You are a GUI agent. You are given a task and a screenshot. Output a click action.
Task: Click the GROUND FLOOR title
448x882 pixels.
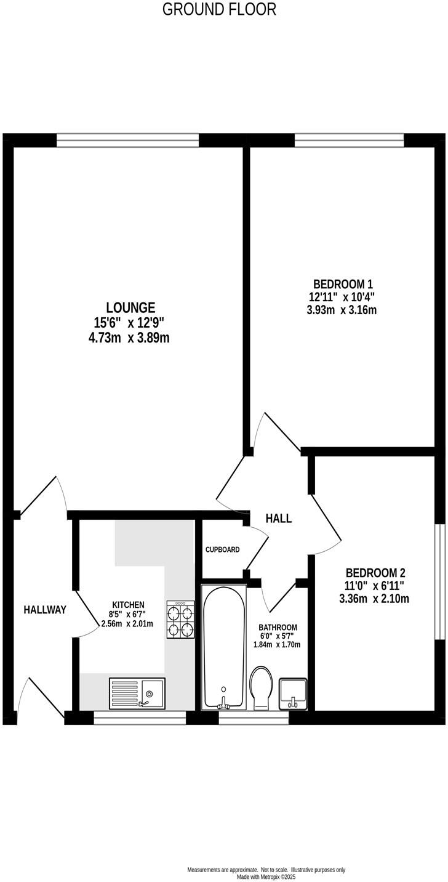pos(219,9)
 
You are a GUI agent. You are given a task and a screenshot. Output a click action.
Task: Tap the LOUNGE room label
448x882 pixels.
pos(130,307)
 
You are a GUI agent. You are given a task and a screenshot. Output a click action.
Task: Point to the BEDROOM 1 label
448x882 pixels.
pos(343,284)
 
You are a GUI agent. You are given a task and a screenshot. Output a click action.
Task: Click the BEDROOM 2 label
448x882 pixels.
pos(375,572)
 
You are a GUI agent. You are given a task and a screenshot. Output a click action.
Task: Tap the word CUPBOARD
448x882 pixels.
pos(222,549)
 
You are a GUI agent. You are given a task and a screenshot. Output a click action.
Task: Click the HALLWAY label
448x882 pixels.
pos(45,610)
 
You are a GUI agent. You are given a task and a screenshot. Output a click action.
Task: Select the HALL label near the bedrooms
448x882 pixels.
pos(278,519)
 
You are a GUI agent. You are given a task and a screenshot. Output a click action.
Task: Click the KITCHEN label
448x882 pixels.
pos(128,604)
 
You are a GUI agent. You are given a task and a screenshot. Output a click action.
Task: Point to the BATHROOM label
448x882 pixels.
pos(278,628)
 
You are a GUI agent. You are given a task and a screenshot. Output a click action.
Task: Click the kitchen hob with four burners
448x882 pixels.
pos(180,620)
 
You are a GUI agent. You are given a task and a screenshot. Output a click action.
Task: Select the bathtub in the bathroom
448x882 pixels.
pos(224,647)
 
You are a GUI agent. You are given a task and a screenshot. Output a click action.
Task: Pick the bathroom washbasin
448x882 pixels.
pos(294,694)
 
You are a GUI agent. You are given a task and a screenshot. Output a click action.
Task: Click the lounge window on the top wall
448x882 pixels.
pos(128,140)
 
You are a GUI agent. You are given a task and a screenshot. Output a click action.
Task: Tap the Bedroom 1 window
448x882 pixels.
pos(349,140)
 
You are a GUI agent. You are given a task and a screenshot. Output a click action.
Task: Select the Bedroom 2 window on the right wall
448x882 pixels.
pos(439,582)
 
